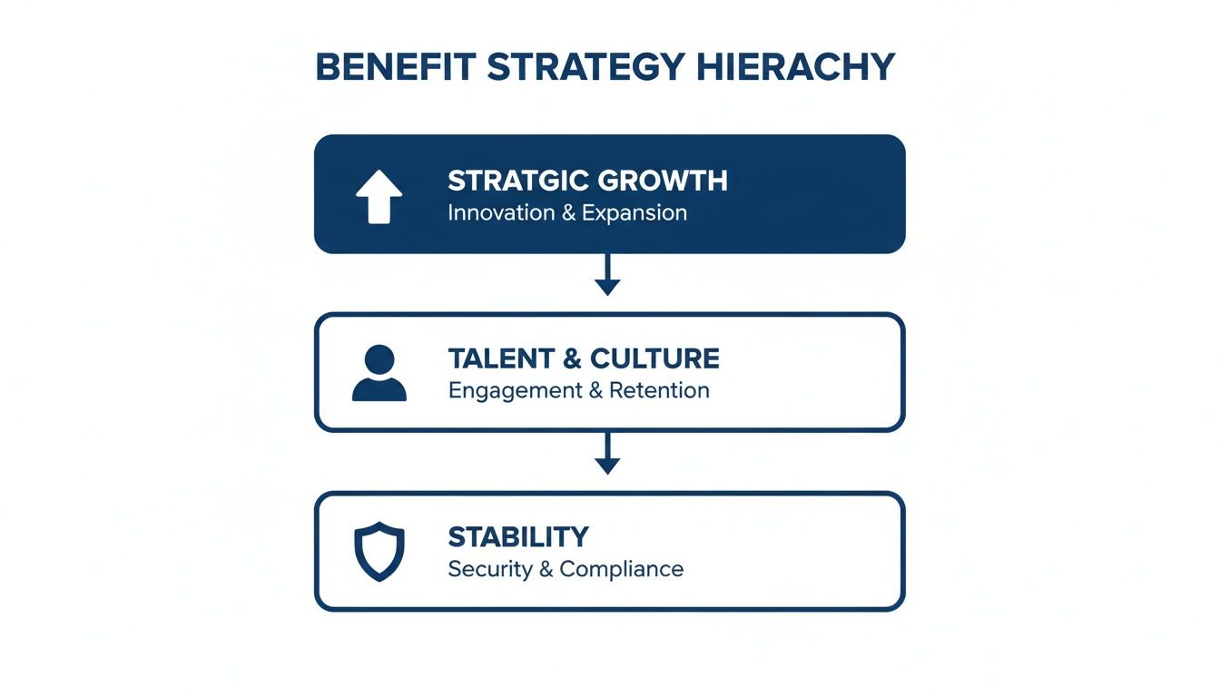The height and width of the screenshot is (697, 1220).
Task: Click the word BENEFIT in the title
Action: click(396, 68)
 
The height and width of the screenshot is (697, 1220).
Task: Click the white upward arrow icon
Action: click(379, 197)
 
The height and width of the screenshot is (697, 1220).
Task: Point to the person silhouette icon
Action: click(379, 373)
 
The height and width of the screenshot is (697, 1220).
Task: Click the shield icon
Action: click(379, 551)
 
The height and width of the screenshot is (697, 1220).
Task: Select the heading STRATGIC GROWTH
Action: click(587, 181)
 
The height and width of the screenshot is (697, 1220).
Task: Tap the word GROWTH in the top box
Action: click(667, 181)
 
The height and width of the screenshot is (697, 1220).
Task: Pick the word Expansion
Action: click(635, 213)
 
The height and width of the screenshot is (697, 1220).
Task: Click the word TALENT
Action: click(500, 358)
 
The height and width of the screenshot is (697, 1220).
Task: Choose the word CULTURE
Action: click(654, 358)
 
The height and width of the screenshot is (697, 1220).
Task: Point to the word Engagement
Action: click(515, 391)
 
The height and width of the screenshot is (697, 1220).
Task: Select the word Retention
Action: click(659, 391)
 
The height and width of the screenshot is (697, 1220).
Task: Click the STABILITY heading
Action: click(518, 536)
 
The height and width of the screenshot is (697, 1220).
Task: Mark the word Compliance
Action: click(621, 569)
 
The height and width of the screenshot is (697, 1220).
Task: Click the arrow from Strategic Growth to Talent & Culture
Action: click(607, 274)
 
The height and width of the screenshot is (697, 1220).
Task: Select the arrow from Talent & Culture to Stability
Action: click(607, 453)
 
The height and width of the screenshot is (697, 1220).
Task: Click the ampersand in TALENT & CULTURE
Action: click(572, 358)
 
